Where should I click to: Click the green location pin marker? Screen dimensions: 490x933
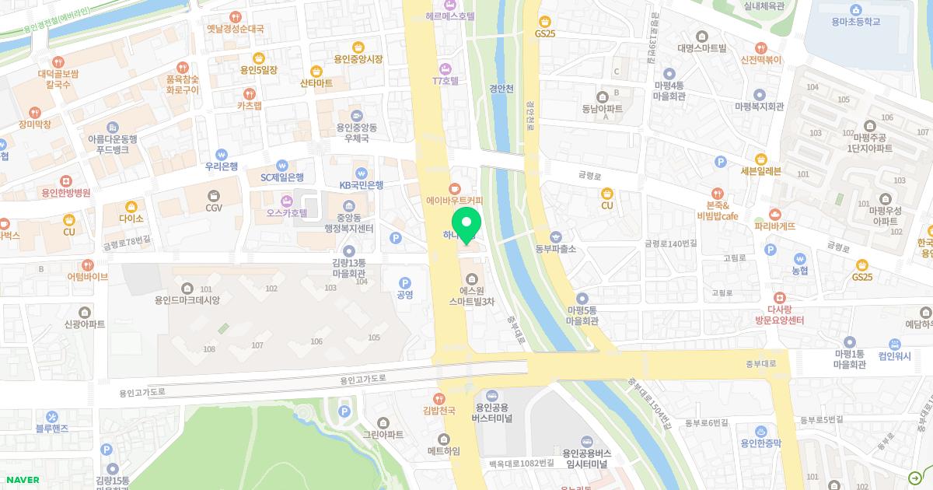click(466, 225)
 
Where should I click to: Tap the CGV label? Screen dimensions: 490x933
click(214, 208)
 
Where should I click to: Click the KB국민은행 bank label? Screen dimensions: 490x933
click(361, 185)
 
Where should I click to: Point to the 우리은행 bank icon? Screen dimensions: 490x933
click(222, 154)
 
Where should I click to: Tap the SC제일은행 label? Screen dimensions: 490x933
click(281, 177)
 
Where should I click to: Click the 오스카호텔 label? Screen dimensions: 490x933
click(287, 212)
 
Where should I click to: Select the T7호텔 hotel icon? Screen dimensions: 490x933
click(446, 68)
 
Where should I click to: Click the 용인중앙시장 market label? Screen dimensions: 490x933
click(358, 59)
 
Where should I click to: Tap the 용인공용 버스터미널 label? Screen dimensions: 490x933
click(491, 412)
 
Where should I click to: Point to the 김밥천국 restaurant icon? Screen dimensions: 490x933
click(439, 399)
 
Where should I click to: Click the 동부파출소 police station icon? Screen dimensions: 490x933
click(555, 236)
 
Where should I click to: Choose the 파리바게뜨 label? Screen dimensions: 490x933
click(774, 226)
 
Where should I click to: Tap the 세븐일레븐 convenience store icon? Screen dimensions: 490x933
click(760, 159)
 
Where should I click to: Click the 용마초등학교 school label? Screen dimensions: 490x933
click(855, 22)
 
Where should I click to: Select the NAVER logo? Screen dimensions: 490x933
click(22, 480)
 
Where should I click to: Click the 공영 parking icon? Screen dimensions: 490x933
click(404, 283)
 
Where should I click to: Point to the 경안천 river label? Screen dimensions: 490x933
click(501, 89)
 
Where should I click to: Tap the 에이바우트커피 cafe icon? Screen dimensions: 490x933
click(455, 188)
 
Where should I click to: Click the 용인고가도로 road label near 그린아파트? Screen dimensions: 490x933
click(362, 379)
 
